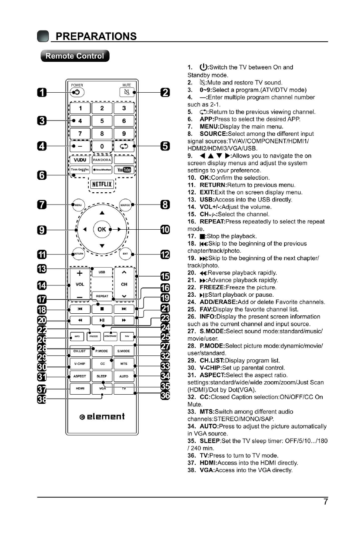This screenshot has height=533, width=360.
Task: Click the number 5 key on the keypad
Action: [103, 121]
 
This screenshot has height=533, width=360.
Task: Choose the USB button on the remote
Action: [102, 273]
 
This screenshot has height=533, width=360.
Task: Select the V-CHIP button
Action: [79, 363]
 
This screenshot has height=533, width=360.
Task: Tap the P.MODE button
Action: [102, 351]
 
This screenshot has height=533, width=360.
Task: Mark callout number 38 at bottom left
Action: [41, 399]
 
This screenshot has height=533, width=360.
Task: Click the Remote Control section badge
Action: [75, 56]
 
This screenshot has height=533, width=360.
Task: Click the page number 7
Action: [325, 502]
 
